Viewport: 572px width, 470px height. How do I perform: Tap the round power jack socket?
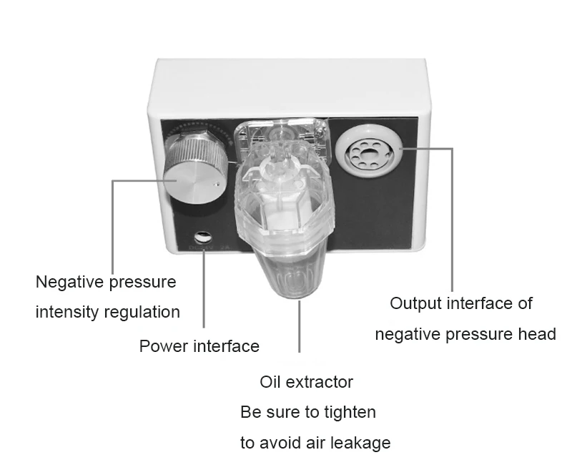tap(202, 237)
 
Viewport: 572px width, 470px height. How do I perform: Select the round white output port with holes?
tap(367, 149)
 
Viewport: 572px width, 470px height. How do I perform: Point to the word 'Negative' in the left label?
tap(70, 281)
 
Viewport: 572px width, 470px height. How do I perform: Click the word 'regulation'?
tap(142, 313)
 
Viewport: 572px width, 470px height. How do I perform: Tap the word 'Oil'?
tap(271, 381)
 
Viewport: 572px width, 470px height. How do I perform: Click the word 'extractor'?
tap(320, 381)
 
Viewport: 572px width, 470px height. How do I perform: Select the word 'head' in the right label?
tap(537, 333)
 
